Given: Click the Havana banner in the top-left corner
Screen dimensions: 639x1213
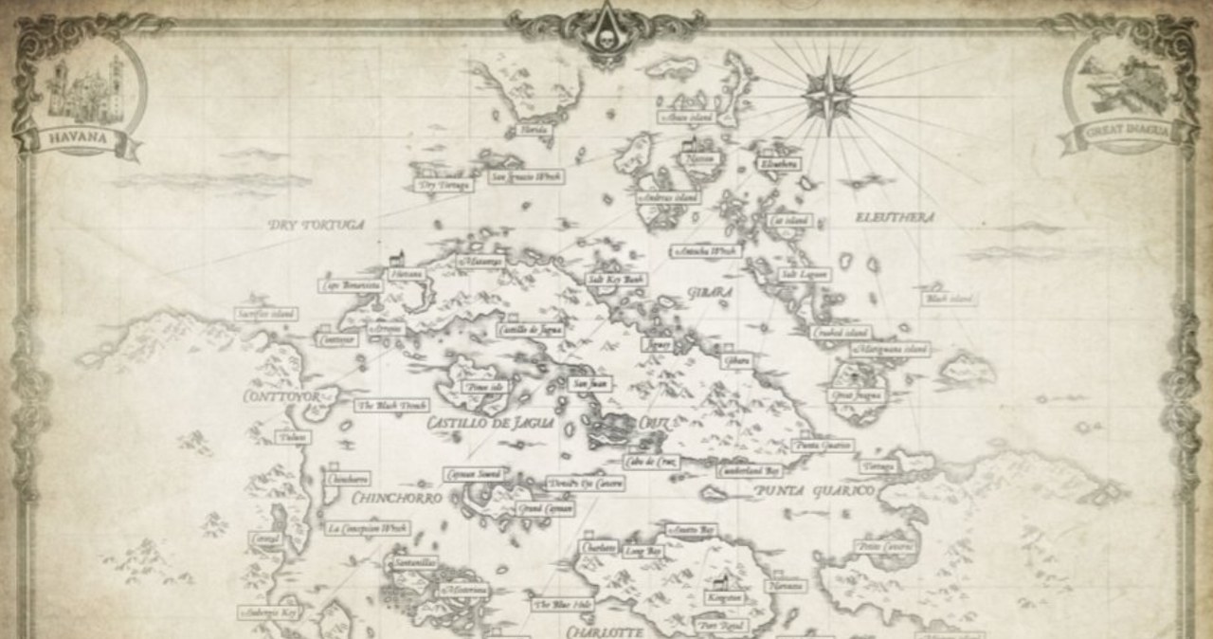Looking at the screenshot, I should pyautogui.click(x=81, y=143).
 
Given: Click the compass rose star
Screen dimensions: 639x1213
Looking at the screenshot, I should pyautogui.click(x=826, y=91).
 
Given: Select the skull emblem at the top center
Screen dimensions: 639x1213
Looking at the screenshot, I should pyautogui.click(x=606, y=35).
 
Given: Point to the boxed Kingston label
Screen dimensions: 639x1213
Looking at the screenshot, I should pyautogui.click(x=723, y=598).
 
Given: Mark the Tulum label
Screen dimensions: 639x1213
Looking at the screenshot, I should pyautogui.click(x=293, y=437).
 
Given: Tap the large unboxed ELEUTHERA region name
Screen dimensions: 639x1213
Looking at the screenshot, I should pyautogui.click(x=895, y=217).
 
